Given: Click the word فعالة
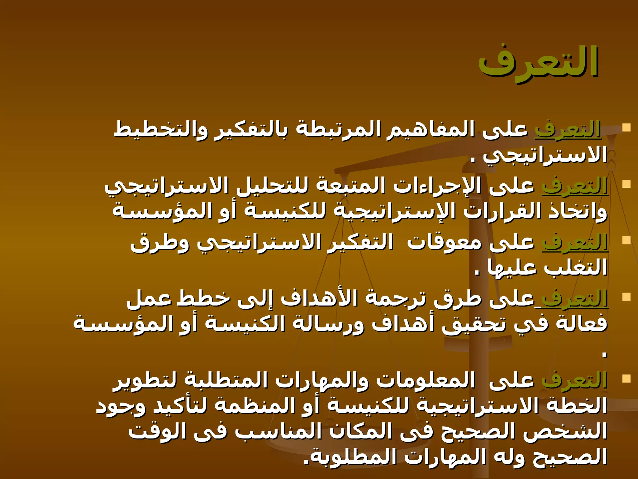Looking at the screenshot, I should pyautogui.click(x=582, y=324).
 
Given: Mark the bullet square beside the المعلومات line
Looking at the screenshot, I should pyautogui.click(x=626, y=379).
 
